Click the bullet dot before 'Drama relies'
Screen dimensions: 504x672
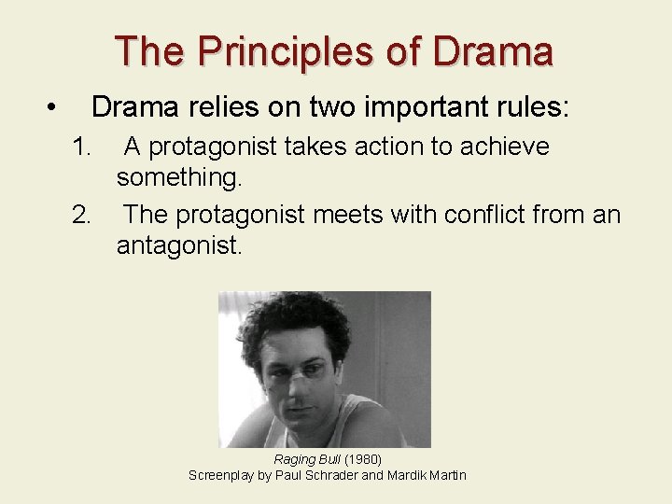point(53,108)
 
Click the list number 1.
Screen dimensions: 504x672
point(83,147)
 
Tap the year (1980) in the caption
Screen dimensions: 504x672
point(363,459)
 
